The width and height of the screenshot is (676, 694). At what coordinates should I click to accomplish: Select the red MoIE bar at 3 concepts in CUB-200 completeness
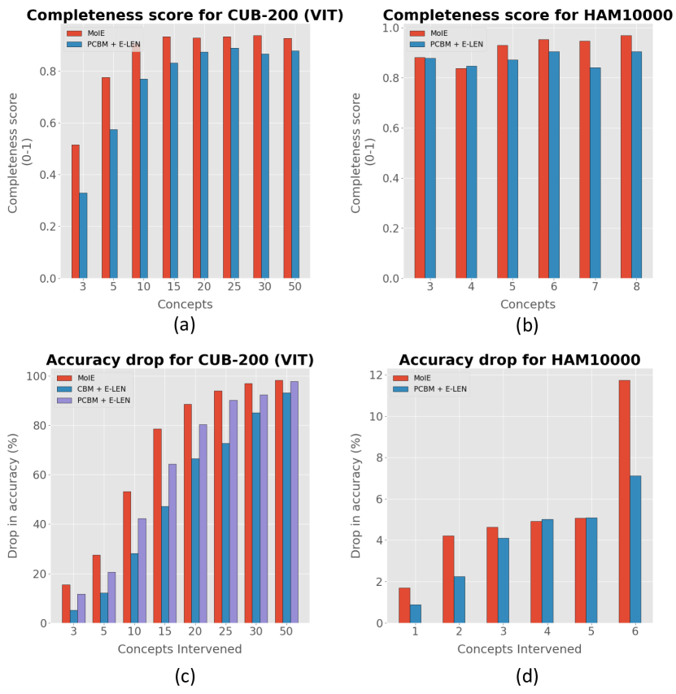[x=75, y=211]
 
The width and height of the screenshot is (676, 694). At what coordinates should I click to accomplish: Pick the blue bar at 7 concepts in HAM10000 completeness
[x=595, y=173]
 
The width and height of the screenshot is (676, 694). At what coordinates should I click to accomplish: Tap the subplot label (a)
[x=184, y=324]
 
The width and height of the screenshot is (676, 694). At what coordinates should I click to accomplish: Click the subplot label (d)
[x=526, y=674]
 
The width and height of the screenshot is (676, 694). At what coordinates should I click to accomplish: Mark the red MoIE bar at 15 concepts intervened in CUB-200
[x=157, y=526]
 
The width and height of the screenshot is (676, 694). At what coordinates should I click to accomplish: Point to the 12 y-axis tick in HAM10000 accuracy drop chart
[x=377, y=375]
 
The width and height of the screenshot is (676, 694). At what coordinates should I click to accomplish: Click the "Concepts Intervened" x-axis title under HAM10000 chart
[x=519, y=648]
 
